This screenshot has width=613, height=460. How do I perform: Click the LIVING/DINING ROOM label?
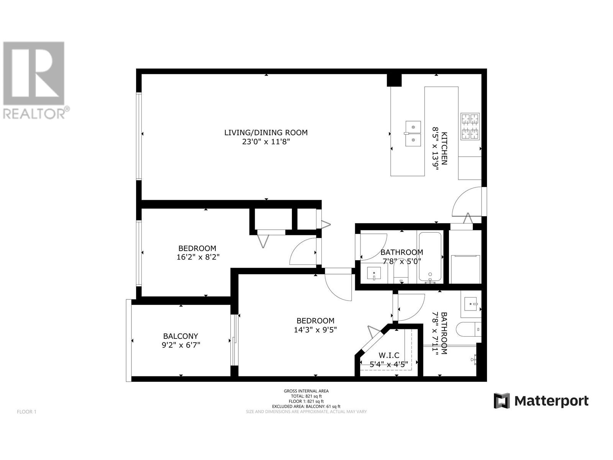pos(266,133)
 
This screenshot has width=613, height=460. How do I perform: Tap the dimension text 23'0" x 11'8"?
pos(266,142)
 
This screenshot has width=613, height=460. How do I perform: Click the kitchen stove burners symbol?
pos(470,126)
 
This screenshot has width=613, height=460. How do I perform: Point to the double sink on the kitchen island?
pos(413,133)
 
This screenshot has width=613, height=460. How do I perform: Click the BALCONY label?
pos(180,336)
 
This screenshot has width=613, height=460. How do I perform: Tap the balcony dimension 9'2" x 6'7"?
pos(180,345)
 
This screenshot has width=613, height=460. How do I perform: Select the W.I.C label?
pos(388,356)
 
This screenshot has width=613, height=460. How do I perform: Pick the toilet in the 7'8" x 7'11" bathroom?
pos(469,329)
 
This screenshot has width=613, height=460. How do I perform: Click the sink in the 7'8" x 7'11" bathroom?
pos(472,304)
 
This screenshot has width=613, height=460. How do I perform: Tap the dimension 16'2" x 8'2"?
pos(198,257)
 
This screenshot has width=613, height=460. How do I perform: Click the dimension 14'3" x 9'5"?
pos(315,330)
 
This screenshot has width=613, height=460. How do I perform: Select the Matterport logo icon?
pos(502,401)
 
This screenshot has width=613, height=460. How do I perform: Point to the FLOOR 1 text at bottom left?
pos(26,412)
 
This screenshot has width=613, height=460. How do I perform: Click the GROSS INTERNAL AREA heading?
pos(306,391)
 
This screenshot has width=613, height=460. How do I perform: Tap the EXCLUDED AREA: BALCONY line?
pos(306,406)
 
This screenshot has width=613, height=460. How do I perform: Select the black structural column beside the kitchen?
pos(393,80)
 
